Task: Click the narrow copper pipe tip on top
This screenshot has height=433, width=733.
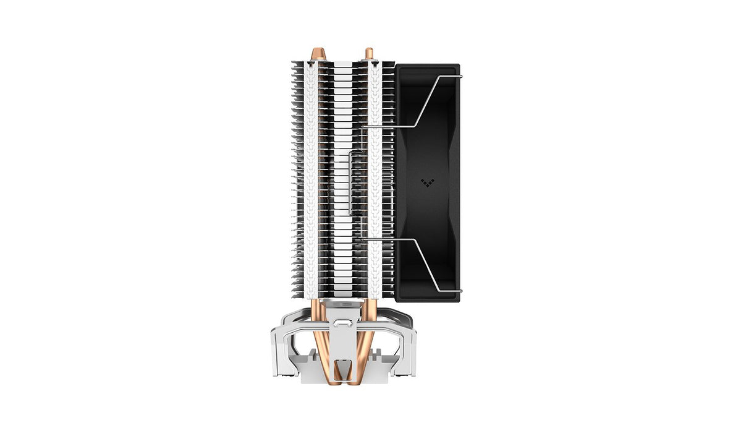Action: coord(370,53)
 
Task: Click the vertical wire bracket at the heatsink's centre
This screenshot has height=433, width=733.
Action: coord(350,182)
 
